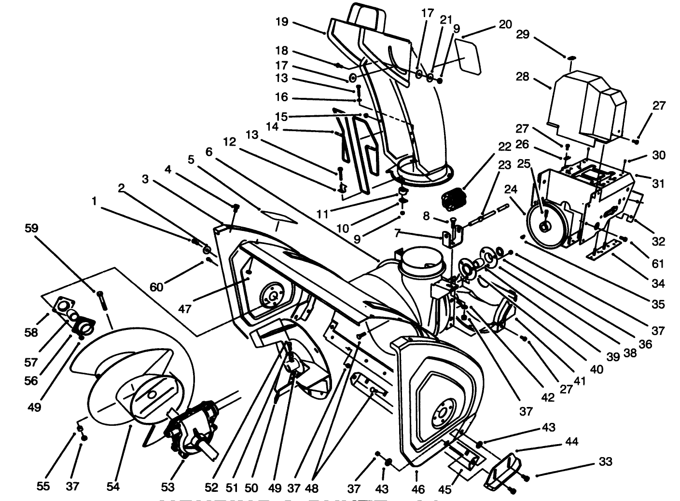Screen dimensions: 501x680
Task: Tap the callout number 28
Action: tap(523, 77)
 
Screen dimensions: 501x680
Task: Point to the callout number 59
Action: tap(32, 228)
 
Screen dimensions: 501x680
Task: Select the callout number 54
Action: tap(112, 487)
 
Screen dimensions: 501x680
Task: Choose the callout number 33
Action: tap(605, 462)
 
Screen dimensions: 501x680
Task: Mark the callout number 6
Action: tap(208, 151)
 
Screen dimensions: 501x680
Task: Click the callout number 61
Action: tap(658, 264)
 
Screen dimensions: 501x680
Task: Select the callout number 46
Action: tap(418, 489)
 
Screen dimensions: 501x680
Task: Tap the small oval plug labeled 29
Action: tap(571, 58)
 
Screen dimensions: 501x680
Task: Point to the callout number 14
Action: tap(273, 126)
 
